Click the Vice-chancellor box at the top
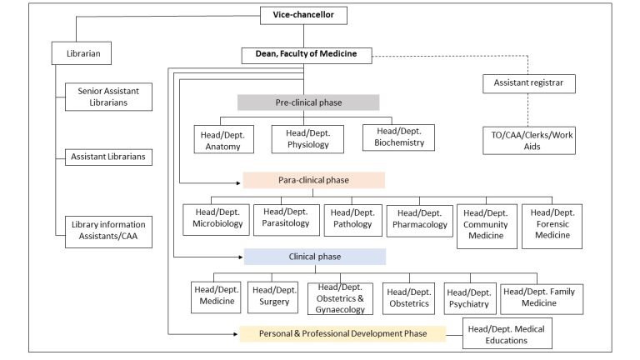(x=303, y=15)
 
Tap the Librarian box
(x=82, y=55)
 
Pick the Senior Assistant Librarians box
(x=108, y=97)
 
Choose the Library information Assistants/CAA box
(x=108, y=231)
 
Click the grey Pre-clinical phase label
(x=307, y=102)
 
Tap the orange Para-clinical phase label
(x=313, y=180)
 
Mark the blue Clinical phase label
(x=313, y=257)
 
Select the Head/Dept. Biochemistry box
(x=398, y=136)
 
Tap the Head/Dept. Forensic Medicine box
(x=552, y=223)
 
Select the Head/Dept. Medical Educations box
(x=507, y=335)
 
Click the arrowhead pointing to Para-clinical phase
(x=239, y=180)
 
